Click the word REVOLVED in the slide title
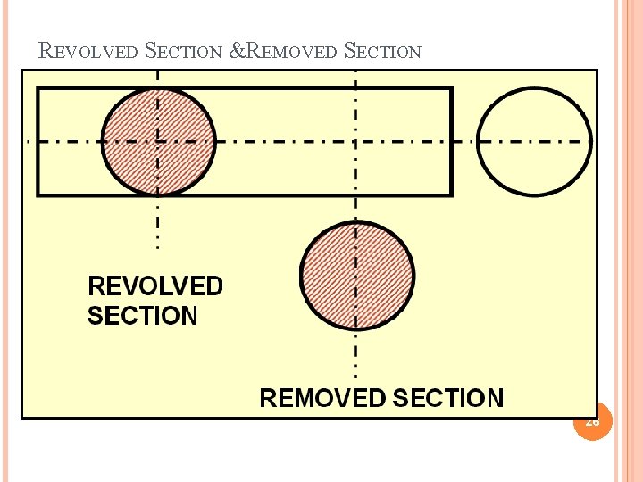[89, 51]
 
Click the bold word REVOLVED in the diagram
[155, 287]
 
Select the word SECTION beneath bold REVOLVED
[143, 316]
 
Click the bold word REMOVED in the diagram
[322, 398]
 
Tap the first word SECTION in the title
[182, 51]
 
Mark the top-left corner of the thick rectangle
[38, 88]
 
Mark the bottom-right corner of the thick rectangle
[451, 194]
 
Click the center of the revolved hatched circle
[159, 141]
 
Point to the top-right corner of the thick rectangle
[451, 88]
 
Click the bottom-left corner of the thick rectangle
[38, 194]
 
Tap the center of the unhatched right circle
[534, 141]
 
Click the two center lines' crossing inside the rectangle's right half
[356, 141]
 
